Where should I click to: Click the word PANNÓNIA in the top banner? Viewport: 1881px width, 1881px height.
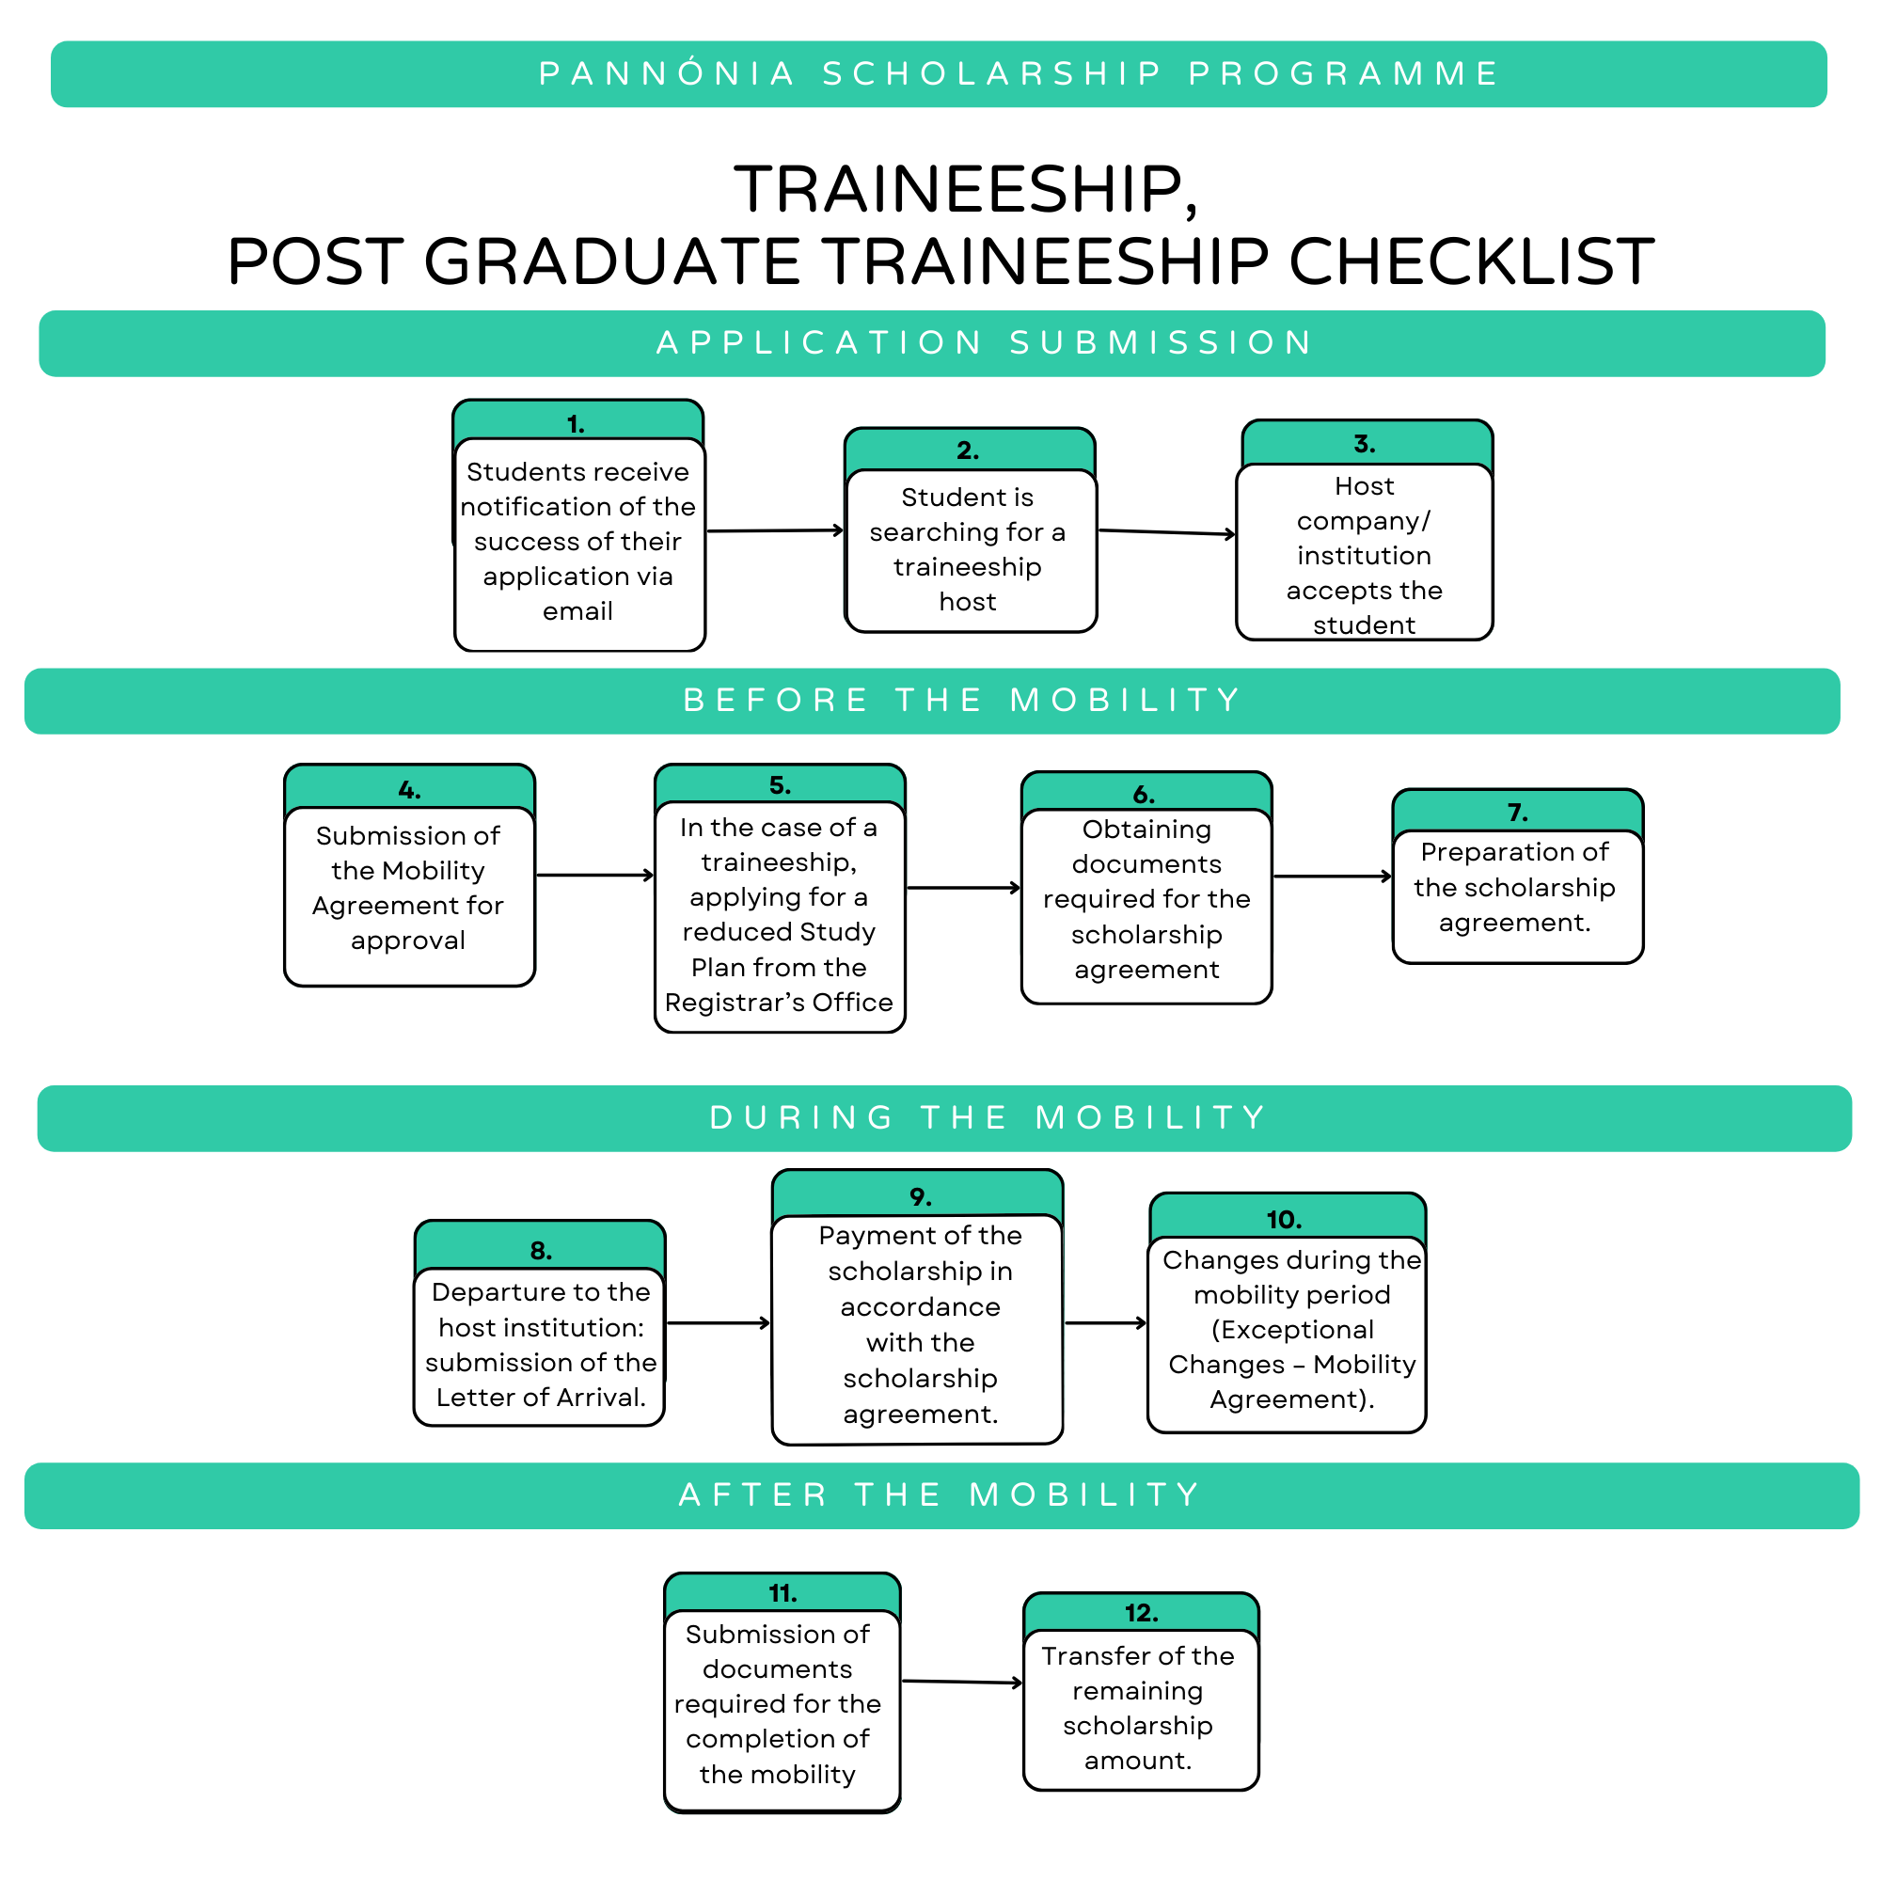tap(668, 74)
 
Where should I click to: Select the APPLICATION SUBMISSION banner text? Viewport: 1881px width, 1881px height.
tap(986, 342)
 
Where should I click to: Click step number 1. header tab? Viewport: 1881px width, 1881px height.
tap(577, 424)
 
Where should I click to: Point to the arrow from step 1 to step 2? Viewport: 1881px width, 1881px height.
tap(775, 531)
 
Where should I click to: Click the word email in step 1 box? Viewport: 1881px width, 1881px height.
tap(577, 611)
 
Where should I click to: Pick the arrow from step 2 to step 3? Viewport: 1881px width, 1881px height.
tap(1166, 532)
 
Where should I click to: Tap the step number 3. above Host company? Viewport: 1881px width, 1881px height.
tap(1364, 444)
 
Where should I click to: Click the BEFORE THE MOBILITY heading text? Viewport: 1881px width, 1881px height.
tap(963, 700)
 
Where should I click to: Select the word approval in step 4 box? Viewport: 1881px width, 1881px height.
tap(408, 940)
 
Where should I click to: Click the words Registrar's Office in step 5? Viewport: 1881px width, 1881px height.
tap(779, 1003)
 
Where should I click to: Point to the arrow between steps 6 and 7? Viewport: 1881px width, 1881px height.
tap(1332, 877)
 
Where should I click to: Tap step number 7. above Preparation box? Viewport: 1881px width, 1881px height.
tap(1517, 813)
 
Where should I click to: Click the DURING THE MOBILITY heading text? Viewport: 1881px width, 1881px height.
tap(988, 1117)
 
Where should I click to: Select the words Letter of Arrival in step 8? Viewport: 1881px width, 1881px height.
tap(542, 1399)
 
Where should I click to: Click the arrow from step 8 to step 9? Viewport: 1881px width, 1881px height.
tap(719, 1323)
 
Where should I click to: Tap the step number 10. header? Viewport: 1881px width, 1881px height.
tap(1284, 1220)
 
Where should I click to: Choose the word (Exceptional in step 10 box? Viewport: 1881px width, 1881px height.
tap(1292, 1330)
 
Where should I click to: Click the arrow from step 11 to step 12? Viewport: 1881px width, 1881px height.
tap(962, 1683)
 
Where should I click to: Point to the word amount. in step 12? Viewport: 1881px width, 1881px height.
tap(1138, 1762)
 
